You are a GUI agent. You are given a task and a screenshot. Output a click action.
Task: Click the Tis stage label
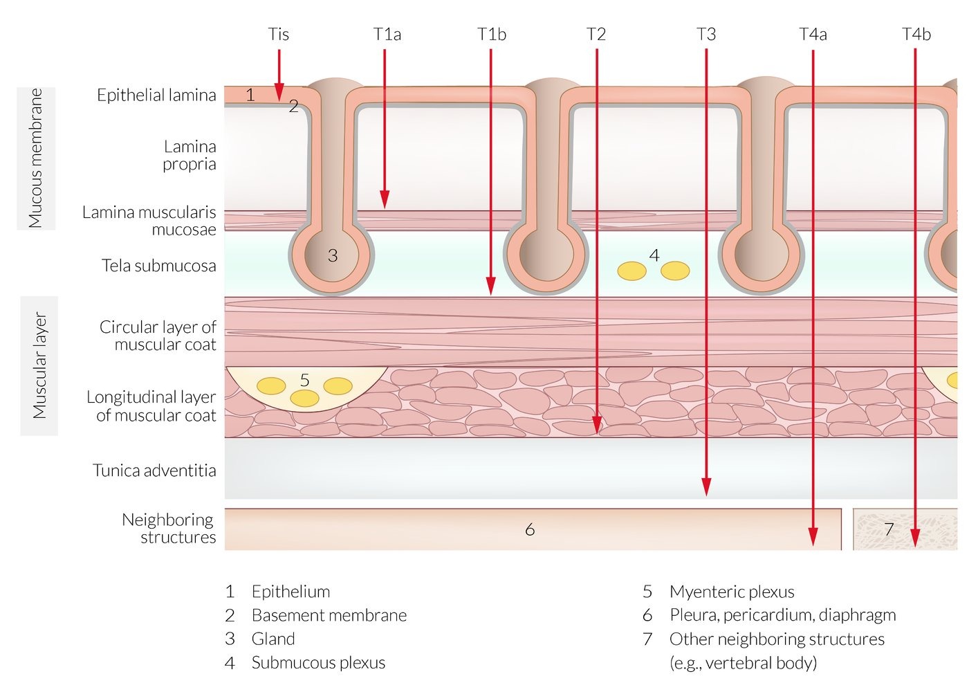tap(278, 34)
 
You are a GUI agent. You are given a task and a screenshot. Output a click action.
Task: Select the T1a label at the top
tap(387, 34)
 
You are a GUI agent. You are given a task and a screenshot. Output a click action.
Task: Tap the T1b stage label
tap(491, 34)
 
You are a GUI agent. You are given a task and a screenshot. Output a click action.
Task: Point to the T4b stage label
tap(916, 34)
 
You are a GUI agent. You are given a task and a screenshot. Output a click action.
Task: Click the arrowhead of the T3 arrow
tap(706, 488)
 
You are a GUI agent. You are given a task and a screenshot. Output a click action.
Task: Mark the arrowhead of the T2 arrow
tap(597, 425)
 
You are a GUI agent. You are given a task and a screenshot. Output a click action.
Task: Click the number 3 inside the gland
tap(333, 256)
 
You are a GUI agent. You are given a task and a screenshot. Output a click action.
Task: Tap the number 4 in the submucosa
tap(654, 255)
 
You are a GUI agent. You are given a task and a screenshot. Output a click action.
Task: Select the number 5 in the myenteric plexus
tap(305, 379)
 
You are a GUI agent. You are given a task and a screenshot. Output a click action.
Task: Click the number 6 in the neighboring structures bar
tap(530, 529)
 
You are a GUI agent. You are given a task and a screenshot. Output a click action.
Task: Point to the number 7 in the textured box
tap(889, 529)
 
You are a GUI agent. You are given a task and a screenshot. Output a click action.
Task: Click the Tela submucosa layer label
tap(158, 266)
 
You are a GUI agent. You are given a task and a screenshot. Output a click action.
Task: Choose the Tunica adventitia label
tap(154, 471)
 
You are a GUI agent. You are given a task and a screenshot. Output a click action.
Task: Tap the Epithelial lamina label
tap(156, 95)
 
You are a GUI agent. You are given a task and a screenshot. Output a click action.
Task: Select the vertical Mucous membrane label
tap(36, 158)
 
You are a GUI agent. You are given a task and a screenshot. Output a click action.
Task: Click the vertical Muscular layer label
tap(39, 365)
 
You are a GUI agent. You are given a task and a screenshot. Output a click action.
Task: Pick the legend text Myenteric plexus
tap(731, 592)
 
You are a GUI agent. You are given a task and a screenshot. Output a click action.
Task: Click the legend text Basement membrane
tap(329, 615)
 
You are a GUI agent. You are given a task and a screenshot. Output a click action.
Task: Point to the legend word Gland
tap(273, 639)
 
